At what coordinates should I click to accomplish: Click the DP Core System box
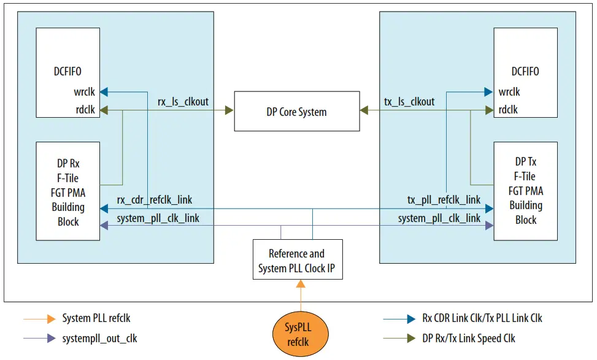[x=297, y=112]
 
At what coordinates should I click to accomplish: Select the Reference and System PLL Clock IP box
[x=298, y=260]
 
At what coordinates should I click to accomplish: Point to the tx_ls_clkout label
[x=409, y=102]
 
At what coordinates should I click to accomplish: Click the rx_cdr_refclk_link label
[x=154, y=200]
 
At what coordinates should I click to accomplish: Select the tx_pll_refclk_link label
[x=444, y=200]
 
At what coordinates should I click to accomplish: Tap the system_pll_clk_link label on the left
[x=158, y=218]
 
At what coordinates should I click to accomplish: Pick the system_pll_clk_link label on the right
[x=439, y=218]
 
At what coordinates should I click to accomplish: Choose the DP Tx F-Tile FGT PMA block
[x=526, y=190]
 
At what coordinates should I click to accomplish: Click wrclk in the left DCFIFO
[x=83, y=92]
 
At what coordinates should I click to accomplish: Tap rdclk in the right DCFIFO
[x=508, y=110]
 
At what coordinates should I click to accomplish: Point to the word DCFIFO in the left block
[x=67, y=72]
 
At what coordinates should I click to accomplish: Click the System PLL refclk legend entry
[x=96, y=318]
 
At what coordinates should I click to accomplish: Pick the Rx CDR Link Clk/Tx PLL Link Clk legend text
[x=482, y=318]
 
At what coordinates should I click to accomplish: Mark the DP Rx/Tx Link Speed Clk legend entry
[x=469, y=338]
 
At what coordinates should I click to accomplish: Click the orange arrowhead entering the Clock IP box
[x=301, y=284]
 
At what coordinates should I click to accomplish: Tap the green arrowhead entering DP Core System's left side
[x=229, y=110]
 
